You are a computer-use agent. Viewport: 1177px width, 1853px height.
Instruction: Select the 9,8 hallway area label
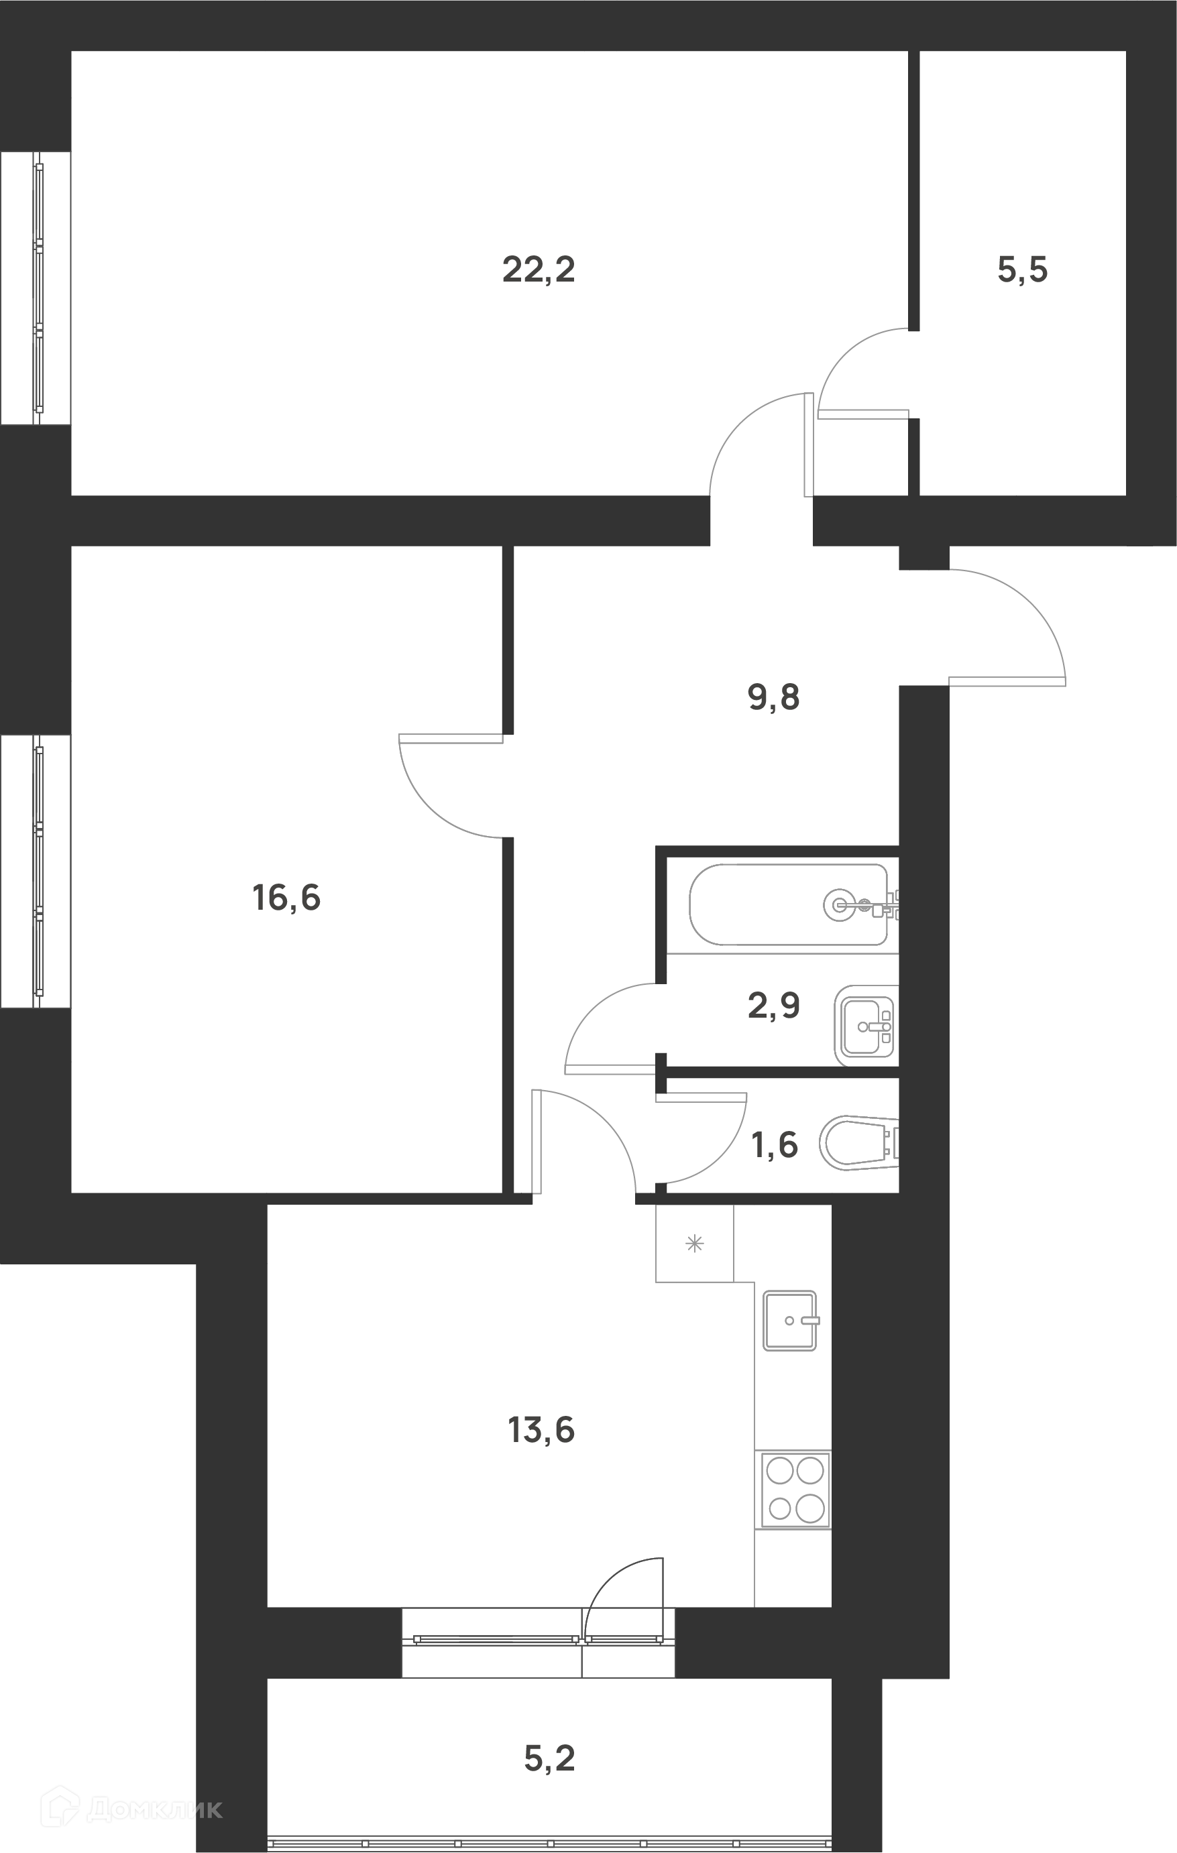pos(774,698)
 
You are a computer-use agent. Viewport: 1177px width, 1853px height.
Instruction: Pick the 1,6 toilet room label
pos(775,1146)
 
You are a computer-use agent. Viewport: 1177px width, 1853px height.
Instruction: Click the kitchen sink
pos(790,1321)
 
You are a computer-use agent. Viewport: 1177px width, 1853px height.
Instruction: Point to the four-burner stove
pos(795,1490)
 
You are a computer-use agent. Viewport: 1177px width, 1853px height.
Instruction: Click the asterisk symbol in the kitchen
pos(694,1244)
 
